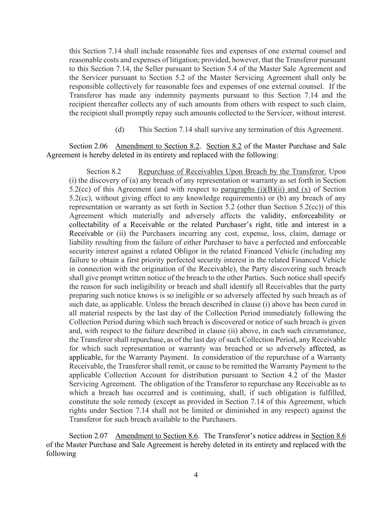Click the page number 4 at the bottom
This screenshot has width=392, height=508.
click(x=196, y=475)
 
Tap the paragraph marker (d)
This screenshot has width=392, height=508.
click(x=120, y=130)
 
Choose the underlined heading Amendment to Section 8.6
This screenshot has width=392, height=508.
click(x=157, y=436)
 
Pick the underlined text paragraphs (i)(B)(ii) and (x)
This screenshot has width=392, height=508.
click(x=265, y=189)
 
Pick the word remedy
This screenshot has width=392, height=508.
click(x=137, y=402)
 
